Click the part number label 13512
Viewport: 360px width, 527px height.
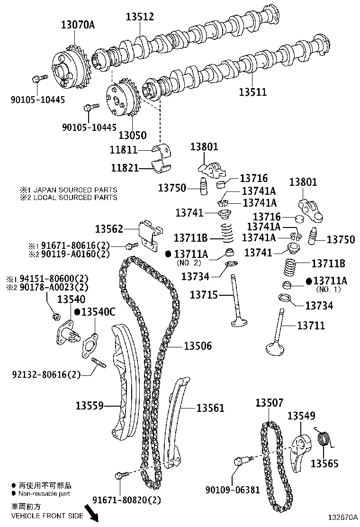140,17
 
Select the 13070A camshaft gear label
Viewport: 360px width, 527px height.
78,25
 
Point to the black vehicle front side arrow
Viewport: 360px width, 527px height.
91,513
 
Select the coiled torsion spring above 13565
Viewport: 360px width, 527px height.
324,439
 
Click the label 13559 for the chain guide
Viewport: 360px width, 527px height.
89,406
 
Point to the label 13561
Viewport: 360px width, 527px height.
210,408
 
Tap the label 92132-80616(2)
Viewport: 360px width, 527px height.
46,374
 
